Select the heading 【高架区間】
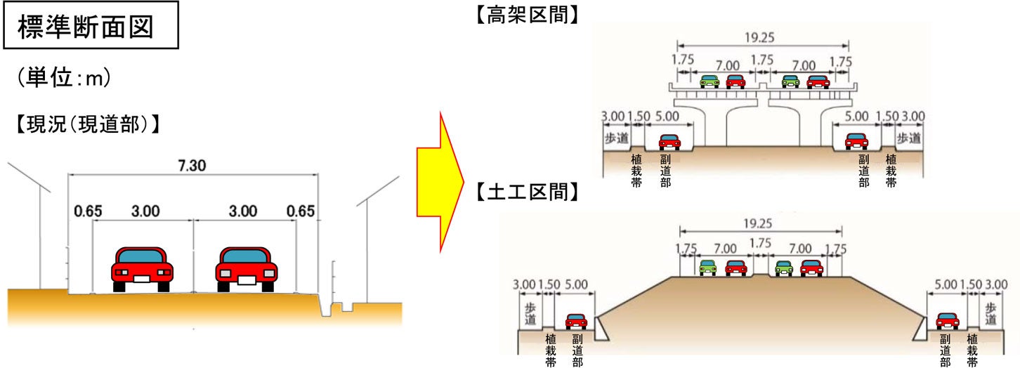528,14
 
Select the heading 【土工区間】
528,192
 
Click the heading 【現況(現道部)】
84,125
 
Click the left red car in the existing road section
142,268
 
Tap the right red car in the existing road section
246,268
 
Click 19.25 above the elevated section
762,37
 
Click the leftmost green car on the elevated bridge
710,81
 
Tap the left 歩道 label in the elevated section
615,138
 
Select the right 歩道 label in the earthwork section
990,314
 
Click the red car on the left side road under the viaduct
669,142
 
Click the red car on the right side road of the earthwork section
947,321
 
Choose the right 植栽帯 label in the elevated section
891,171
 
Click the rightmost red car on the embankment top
811,268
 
